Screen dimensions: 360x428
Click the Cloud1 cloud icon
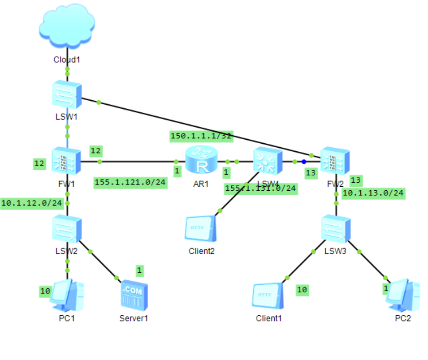pyautogui.click(x=67, y=28)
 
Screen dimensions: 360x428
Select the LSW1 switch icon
pyautogui.click(x=67, y=95)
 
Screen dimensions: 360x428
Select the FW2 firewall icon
pyautogui.click(x=335, y=160)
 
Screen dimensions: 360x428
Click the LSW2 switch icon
pyautogui.click(x=67, y=229)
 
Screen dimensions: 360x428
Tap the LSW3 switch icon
pyautogui.click(x=336, y=229)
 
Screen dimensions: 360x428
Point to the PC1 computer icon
pyautogui.click(x=67, y=296)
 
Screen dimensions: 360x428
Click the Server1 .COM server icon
pyautogui.click(x=134, y=296)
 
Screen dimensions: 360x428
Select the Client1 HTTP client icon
pyautogui.click(x=268, y=296)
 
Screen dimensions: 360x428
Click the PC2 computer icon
pyautogui.click(x=404, y=295)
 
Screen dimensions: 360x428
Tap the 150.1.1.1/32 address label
pyautogui.click(x=201, y=136)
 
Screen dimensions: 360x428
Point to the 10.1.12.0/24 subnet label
pyautogui.click(x=31, y=203)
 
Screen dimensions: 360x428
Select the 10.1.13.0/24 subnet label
pyautogui.click(x=373, y=193)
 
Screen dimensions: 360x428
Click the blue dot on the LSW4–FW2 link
pyautogui.click(x=304, y=162)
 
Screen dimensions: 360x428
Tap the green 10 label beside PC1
pyautogui.click(x=45, y=291)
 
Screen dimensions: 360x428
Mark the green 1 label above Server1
pyautogui.click(x=139, y=270)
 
